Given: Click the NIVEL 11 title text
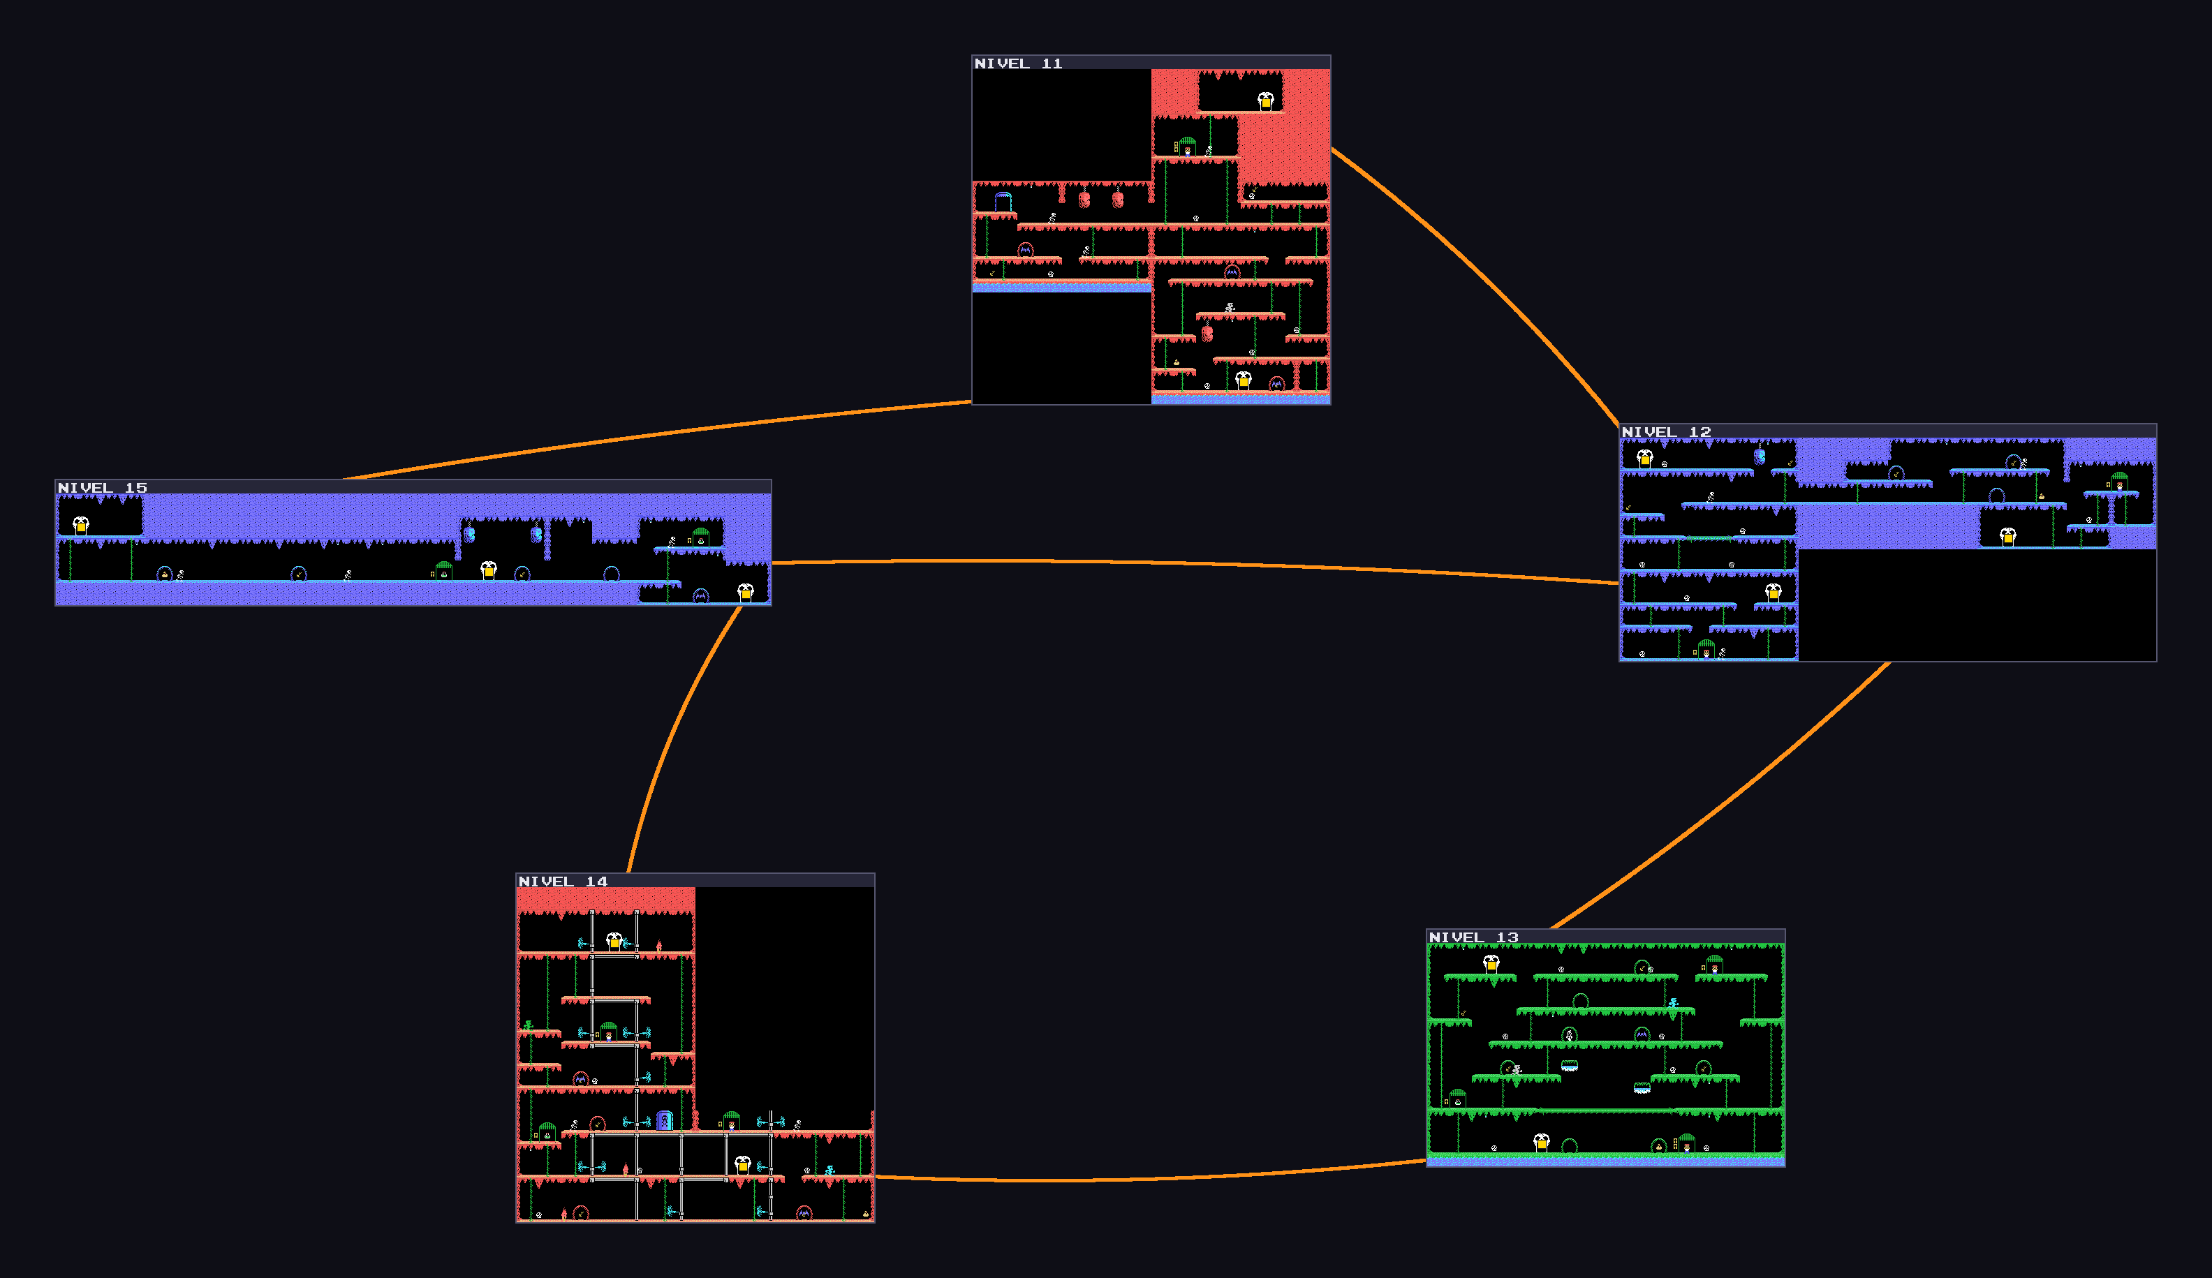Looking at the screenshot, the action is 1018,64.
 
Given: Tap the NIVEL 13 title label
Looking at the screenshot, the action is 1474,937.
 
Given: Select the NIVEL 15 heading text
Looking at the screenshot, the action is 103,488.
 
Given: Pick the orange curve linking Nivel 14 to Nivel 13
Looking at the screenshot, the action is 1150,1179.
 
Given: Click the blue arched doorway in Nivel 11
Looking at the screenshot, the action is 1003,202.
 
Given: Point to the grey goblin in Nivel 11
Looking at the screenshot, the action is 1230,307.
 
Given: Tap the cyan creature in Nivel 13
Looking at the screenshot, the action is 1673,1003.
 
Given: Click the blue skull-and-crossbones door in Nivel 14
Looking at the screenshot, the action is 665,1120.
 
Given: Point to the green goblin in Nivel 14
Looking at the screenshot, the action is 528,1025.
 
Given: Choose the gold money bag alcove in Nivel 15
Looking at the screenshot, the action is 164,574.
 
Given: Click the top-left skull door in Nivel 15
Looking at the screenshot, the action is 81,526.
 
